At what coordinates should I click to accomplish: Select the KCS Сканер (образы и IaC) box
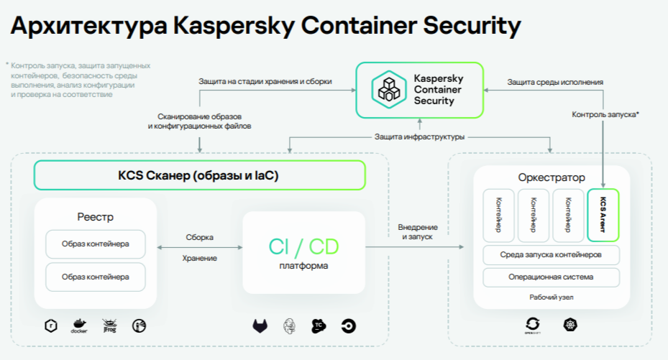pos(198,175)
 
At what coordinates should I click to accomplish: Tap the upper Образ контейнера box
pos(96,244)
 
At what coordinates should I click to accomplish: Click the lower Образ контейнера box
pos(96,277)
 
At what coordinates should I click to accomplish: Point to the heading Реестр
pos(96,217)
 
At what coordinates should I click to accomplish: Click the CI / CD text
pos(303,247)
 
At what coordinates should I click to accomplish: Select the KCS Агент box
pos(603,215)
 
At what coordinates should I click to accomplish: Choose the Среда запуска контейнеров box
pos(552,255)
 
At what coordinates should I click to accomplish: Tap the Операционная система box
pos(552,277)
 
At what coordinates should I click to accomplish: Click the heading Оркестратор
pos(552,177)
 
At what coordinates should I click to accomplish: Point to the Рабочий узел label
pos(552,297)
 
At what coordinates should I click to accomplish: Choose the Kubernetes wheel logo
pos(570,325)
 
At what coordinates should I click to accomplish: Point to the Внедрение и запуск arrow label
pos(417,232)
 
